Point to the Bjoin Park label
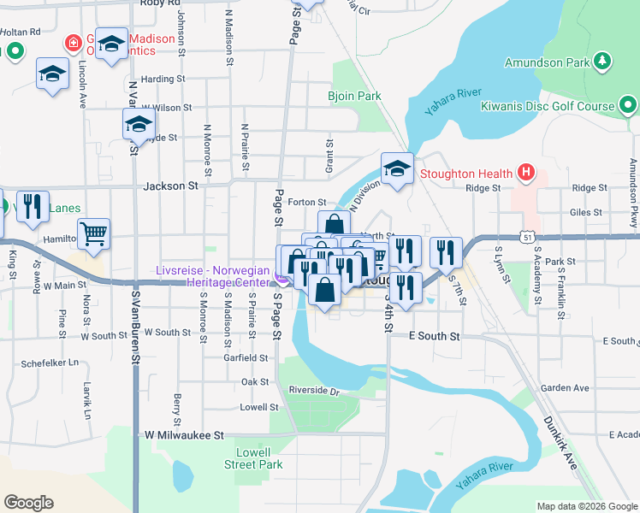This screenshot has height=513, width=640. pos(354,97)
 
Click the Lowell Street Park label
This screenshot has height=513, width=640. pos(253,458)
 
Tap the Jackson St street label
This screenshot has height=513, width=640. pos(171,185)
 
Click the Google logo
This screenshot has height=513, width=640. pos(27,503)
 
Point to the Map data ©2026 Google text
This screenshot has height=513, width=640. pos(587,506)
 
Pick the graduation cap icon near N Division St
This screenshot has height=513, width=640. pos(397,170)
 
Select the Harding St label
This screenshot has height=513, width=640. pos(163,79)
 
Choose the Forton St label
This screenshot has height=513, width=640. pos(303,203)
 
